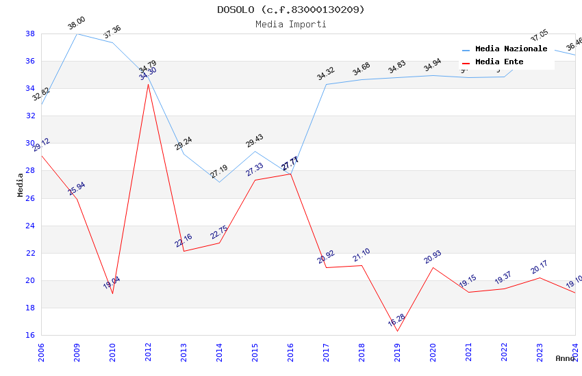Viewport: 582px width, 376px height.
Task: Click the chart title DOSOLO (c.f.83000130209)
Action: (291, 10)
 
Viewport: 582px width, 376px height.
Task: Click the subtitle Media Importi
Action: (291, 24)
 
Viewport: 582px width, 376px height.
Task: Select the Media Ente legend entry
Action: (499, 62)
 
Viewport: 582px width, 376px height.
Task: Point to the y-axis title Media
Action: (21, 185)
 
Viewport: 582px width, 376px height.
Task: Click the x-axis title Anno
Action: (565, 358)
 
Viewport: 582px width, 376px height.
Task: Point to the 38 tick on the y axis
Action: (31, 33)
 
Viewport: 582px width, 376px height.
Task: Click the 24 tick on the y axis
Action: (31, 226)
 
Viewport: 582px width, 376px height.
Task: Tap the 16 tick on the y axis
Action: (31, 335)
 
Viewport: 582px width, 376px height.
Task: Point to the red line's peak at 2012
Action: (148, 83)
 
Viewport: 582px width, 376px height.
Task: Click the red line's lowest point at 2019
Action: (397, 332)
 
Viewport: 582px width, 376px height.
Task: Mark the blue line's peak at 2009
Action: (77, 33)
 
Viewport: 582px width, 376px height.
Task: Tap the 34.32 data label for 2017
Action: (326, 74)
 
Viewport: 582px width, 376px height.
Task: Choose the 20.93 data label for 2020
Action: (433, 257)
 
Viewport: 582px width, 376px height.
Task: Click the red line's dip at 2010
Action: (112, 293)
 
